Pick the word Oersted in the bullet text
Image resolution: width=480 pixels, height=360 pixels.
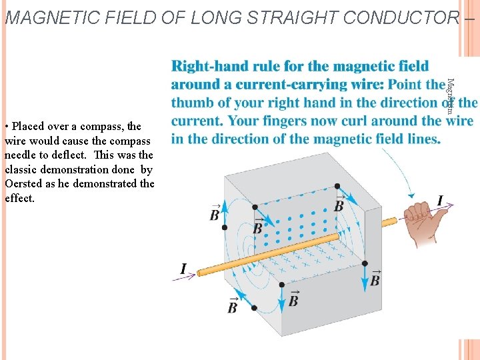pos(24,183)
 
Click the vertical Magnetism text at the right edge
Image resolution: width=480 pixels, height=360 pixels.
pos(450,96)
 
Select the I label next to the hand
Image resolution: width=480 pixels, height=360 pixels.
pos(440,200)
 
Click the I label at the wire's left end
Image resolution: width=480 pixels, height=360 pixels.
pos(183,269)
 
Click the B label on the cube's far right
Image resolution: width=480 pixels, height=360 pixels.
pos(375,277)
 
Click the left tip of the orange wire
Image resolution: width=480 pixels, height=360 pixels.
pos(198,272)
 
